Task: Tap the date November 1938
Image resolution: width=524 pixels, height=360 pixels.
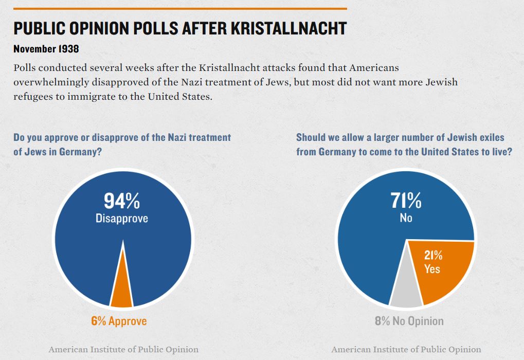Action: (46, 49)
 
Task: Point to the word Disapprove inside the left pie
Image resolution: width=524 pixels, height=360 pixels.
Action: (122, 219)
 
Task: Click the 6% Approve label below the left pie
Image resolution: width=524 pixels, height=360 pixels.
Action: (119, 321)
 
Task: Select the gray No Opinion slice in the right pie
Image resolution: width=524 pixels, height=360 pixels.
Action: (406, 293)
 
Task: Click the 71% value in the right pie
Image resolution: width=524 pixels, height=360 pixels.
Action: (406, 201)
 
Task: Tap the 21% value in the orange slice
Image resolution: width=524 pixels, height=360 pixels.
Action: (433, 256)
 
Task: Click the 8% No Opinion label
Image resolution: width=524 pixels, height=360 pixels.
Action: (409, 321)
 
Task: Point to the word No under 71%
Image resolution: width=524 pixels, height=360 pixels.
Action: (406, 218)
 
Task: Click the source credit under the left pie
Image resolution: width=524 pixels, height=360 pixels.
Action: (123, 350)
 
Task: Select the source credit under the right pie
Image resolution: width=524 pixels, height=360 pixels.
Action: (406, 350)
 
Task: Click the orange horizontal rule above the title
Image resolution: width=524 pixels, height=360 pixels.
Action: (180, 9)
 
